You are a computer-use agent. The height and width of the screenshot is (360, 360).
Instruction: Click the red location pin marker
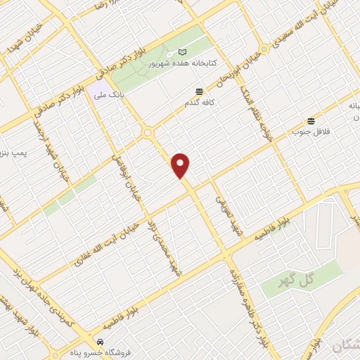tap(181, 165)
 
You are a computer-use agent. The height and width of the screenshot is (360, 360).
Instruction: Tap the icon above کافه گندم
tap(200, 91)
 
